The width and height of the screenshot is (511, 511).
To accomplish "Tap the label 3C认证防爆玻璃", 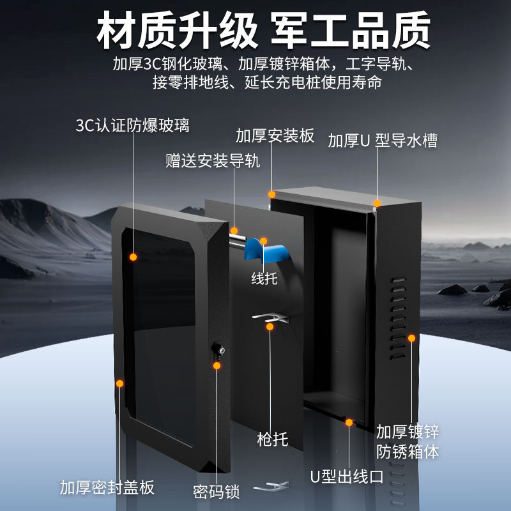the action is [x=132, y=125].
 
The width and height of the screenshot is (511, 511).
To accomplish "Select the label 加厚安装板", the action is [x=275, y=136].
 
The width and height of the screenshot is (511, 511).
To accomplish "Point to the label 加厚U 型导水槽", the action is [x=382, y=141].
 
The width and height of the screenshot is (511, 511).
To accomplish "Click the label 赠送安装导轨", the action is [x=213, y=161].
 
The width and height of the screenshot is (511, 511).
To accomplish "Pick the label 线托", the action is [x=264, y=278].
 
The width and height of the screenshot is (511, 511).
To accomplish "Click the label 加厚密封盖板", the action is [x=107, y=488].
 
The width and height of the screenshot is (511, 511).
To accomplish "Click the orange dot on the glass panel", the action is [x=133, y=257].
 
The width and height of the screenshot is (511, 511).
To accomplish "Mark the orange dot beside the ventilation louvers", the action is [x=411, y=337].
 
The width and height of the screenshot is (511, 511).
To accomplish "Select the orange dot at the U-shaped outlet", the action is [x=349, y=422].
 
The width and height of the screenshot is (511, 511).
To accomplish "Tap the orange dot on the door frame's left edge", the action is [x=119, y=383].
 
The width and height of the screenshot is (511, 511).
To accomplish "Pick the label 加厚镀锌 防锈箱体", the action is [x=407, y=441].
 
